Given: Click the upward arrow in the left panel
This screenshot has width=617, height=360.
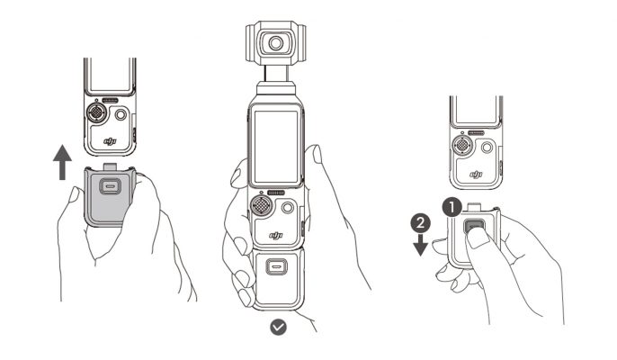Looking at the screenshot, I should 61,163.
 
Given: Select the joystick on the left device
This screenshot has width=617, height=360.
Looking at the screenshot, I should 97,114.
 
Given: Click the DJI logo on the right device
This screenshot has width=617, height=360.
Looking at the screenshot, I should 476,172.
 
